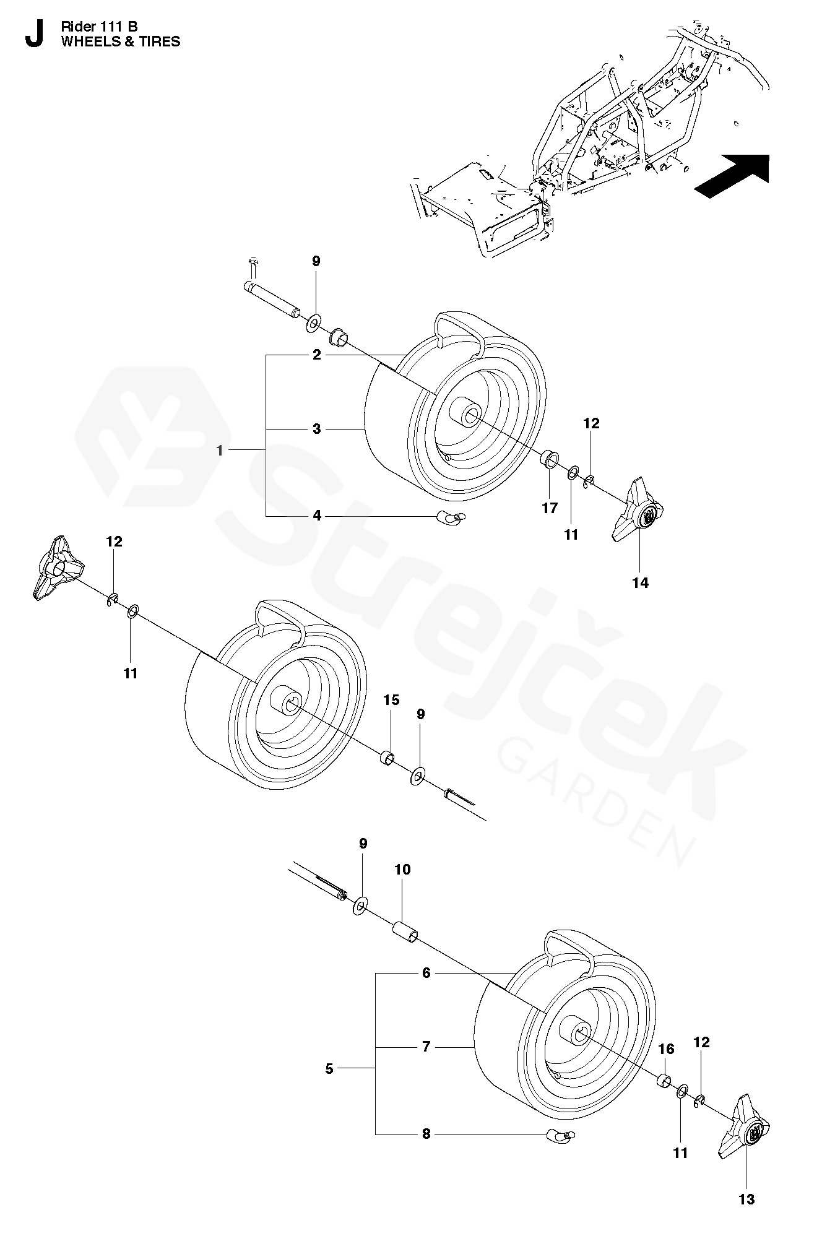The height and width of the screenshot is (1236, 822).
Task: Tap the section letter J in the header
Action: pos(35,34)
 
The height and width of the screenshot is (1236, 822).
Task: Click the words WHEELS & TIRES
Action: pos(120,41)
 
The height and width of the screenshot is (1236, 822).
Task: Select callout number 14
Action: pos(640,582)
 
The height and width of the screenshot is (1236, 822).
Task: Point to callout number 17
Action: pos(550,508)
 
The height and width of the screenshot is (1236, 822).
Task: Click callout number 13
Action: pos(746,1199)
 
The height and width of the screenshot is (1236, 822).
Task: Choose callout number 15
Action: pos(391,700)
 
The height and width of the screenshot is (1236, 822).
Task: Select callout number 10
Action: pos(402,870)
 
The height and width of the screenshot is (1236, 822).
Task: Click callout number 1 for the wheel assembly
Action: pos(219,451)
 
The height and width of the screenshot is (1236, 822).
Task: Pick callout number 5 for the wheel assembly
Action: pos(329,1068)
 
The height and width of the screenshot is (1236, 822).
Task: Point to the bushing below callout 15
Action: pos(388,758)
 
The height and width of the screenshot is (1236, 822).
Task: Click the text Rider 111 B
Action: pos(99,26)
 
